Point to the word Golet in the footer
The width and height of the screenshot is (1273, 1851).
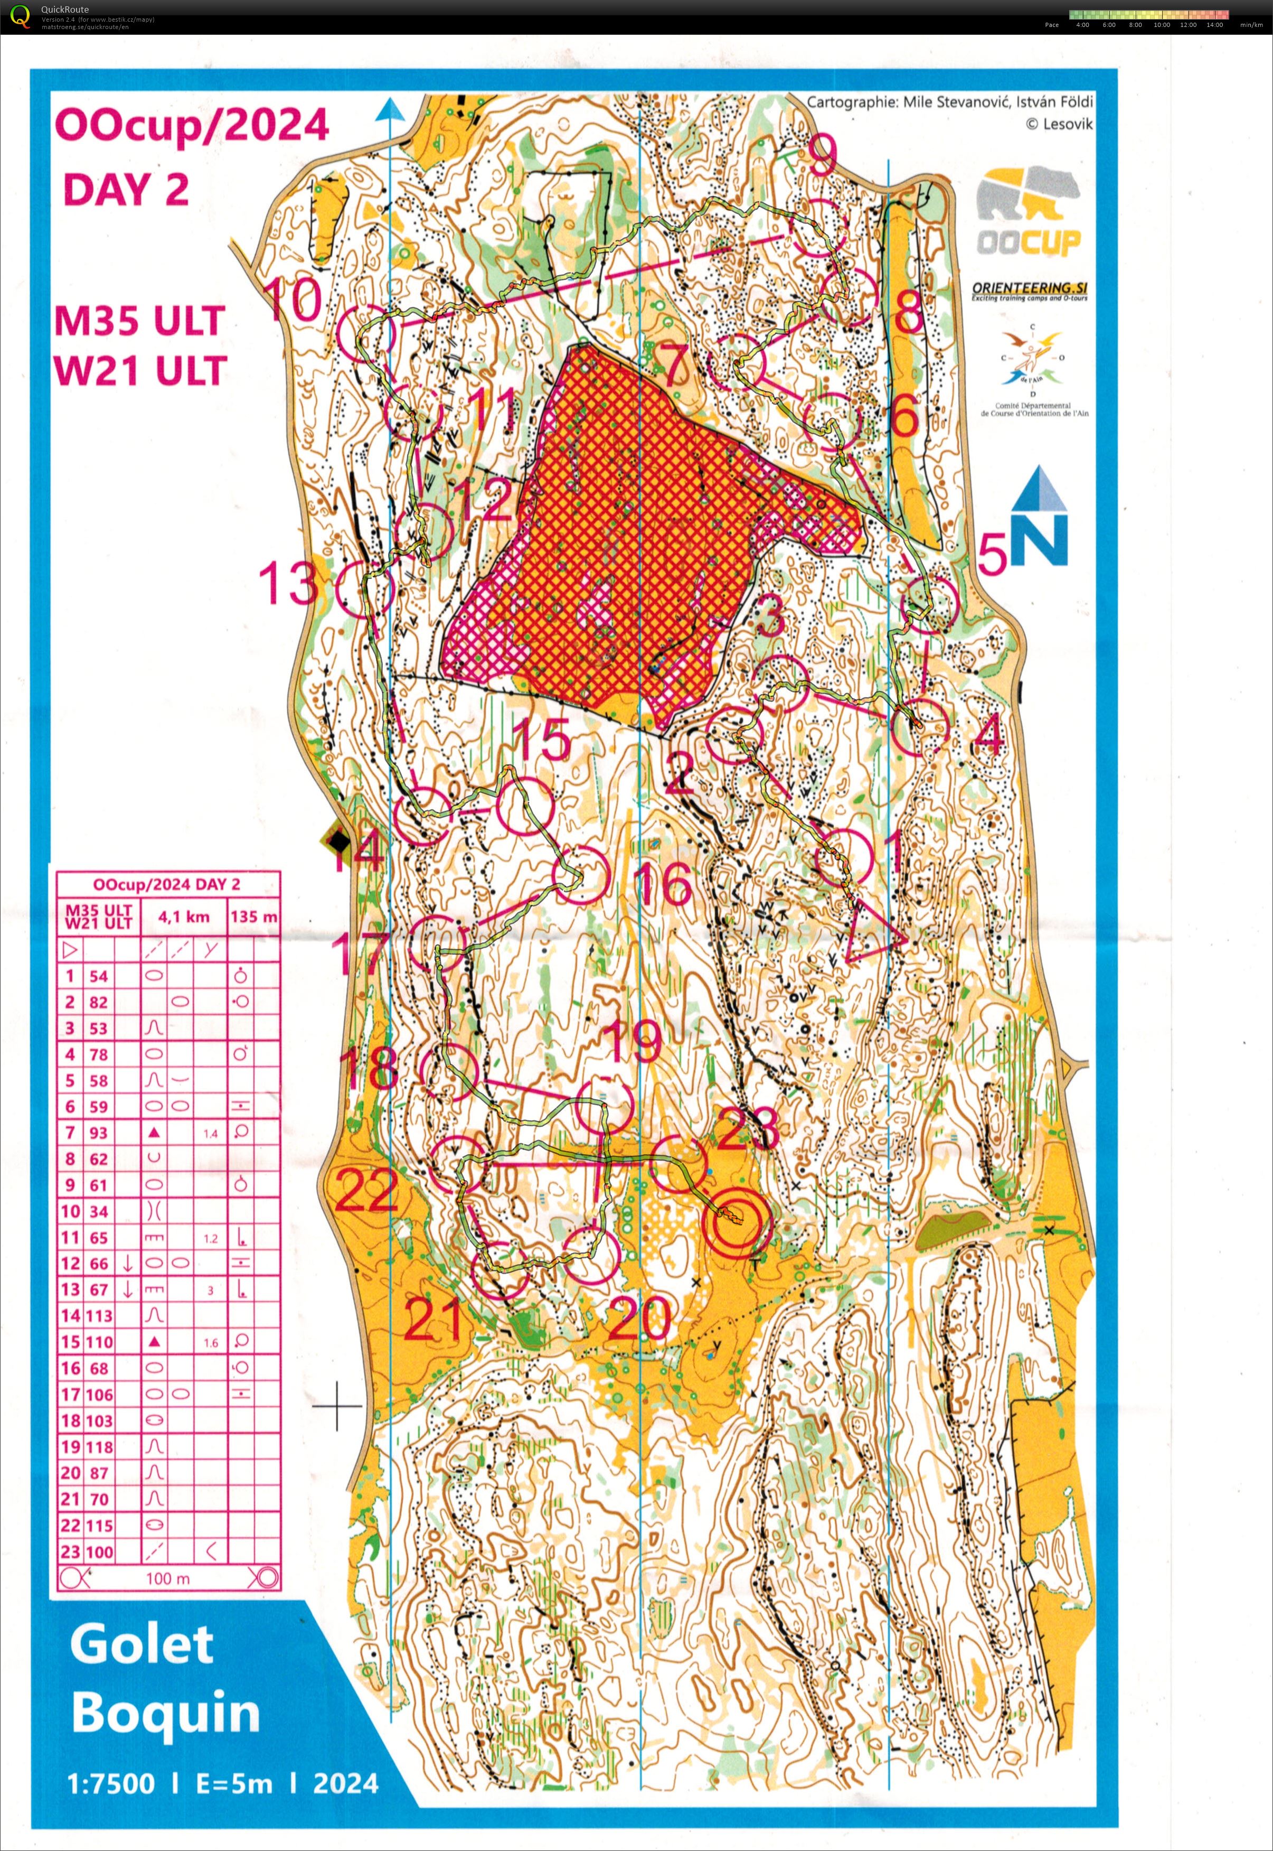point(142,1645)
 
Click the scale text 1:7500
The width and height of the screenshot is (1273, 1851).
point(111,1784)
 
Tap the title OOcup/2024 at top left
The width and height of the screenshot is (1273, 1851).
point(192,125)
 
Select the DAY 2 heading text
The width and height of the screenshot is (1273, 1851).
point(126,190)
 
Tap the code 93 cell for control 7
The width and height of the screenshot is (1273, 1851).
point(99,1133)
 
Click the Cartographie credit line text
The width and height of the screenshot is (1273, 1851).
point(949,102)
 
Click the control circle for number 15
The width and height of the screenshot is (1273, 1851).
point(525,807)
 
